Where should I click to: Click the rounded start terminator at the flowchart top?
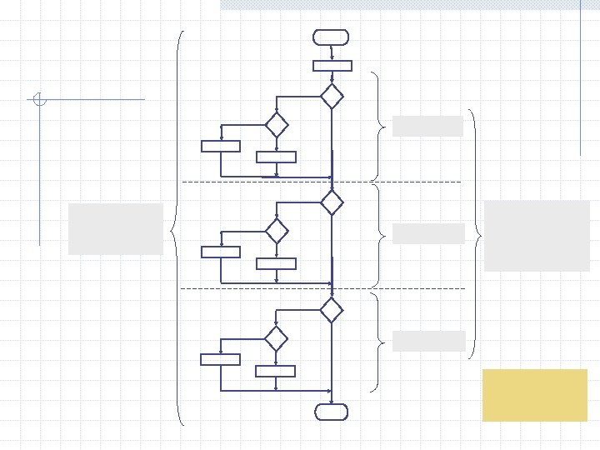[331, 37]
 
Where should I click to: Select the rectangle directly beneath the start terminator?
[332, 66]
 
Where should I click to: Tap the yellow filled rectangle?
[534, 395]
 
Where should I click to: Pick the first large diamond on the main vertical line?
[332, 96]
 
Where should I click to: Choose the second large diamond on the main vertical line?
[332, 202]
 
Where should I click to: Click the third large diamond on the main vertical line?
[332, 310]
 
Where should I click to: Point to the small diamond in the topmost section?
[276, 125]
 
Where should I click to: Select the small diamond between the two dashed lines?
[276, 231]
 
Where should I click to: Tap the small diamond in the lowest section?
[276, 339]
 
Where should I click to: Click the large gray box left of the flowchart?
[116, 228]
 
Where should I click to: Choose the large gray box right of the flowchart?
[537, 235]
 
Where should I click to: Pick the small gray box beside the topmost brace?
[427, 126]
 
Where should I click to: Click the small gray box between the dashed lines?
[427, 233]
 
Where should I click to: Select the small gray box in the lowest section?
[428, 341]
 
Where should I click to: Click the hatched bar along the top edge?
[408, 4]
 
